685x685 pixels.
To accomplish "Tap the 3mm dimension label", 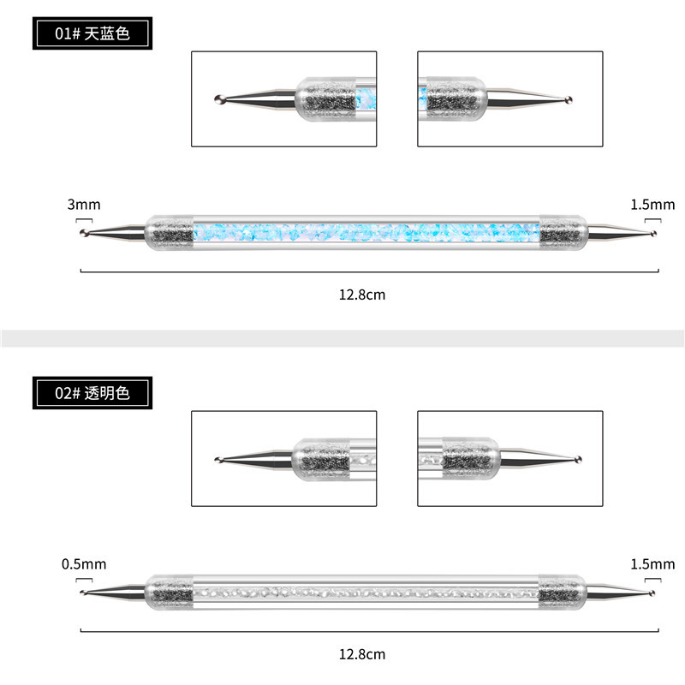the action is (83, 204).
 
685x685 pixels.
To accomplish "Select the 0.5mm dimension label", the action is (84, 564).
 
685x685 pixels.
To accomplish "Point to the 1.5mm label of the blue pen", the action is (652, 204).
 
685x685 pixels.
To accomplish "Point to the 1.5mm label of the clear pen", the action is (652, 564).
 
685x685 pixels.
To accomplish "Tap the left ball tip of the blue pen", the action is (84, 232).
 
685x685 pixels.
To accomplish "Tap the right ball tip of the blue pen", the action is (654, 232).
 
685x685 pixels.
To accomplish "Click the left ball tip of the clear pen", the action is (83, 592).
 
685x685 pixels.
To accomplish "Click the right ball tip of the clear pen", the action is (654, 592).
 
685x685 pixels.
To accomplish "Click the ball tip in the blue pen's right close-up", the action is (569, 100).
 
